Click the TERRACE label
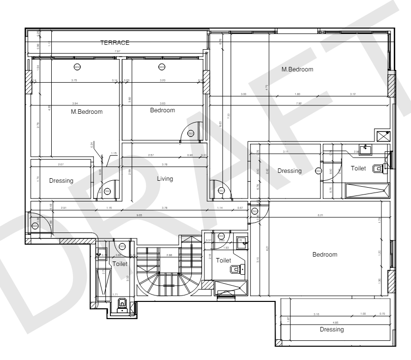114,43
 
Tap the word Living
165,179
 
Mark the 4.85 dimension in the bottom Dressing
336,323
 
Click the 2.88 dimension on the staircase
169,255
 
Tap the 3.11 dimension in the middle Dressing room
285,152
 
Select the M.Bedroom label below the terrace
87,112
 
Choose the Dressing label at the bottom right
331,329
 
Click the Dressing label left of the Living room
61,181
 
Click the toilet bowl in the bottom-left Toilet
122,303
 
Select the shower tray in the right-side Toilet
367,190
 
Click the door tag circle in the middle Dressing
318,171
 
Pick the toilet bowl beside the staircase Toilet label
235,269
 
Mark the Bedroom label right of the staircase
325,255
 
